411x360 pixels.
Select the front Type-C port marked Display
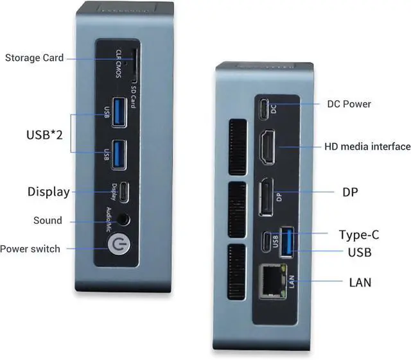pyautogui.click(x=126, y=192)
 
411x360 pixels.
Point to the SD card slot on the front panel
pyautogui.click(x=137, y=62)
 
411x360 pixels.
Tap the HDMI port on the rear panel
pyautogui.click(x=267, y=147)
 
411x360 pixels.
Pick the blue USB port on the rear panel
pyautogui.click(x=287, y=244)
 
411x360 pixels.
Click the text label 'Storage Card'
pyautogui.click(x=35, y=58)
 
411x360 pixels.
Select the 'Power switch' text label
pyautogui.click(x=30, y=248)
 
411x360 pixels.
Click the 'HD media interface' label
pyautogui.click(x=367, y=147)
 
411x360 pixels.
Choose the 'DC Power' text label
pyautogui.click(x=349, y=104)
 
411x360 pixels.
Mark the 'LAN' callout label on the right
pyautogui.click(x=360, y=282)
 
